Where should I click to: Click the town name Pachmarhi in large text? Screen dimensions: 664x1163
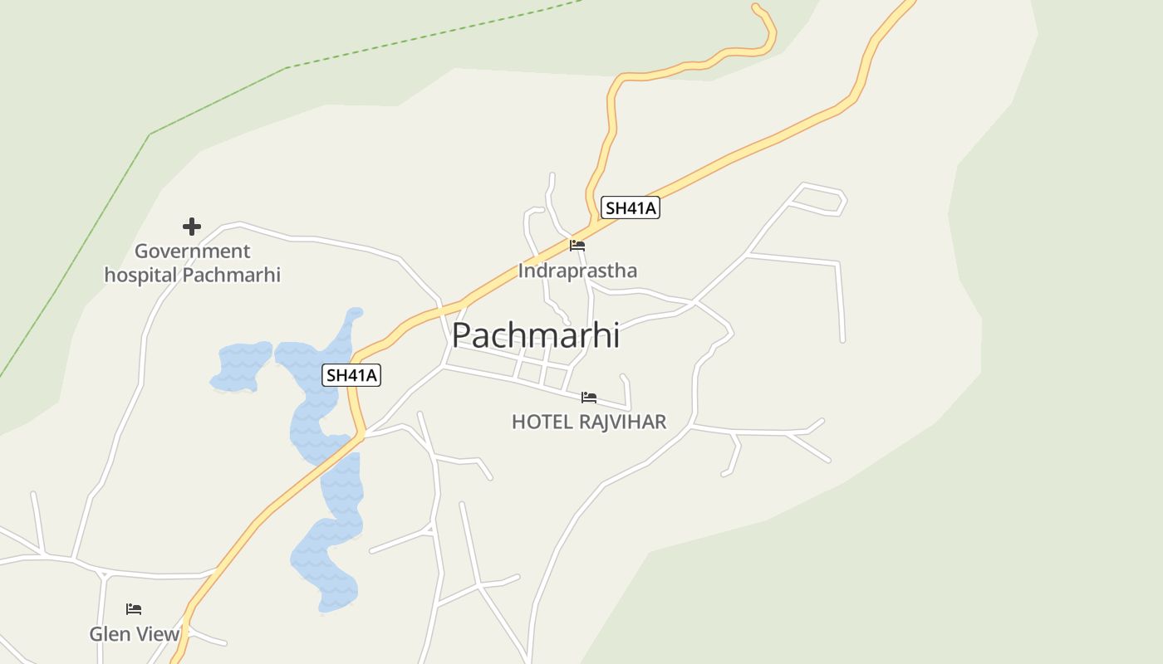pos(536,334)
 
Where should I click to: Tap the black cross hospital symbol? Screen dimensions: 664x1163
pos(192,227)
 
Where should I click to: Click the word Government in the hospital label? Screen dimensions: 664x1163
pos(192,251)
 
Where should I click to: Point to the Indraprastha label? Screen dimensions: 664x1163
pos(577,271)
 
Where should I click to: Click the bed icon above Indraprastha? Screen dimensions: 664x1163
pos(577,246)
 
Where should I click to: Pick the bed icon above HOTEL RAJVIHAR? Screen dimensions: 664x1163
pos(589,398)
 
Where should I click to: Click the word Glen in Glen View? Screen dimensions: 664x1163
pos(110,634)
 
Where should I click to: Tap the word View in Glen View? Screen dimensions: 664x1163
pos(158,634)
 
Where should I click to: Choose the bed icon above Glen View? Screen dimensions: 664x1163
pos(134,609)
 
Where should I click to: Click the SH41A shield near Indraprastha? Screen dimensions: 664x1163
pos(631,207)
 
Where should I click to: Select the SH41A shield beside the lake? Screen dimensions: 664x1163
pos(351,375)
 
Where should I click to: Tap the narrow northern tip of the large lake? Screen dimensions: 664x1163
pos(355,315)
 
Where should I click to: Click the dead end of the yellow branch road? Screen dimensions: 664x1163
pos(756,7)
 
